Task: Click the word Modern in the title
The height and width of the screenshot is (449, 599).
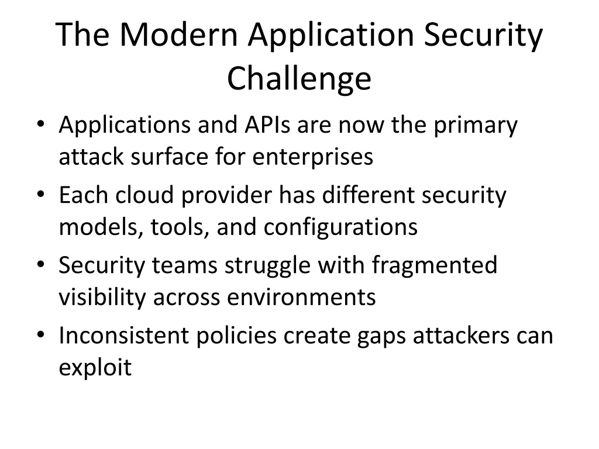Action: click(x=179, y=34)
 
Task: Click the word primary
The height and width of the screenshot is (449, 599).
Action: click(x=476, y=127)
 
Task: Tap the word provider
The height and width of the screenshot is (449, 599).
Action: click(x=226, y=196)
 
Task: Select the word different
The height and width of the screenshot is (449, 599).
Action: click(x=369, y=195)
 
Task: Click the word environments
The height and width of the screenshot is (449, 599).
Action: click(x=301, y=298)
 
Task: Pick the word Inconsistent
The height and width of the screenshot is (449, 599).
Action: click(x=124, y=335)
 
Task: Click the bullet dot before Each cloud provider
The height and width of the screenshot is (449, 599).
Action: click(x=41, y=195)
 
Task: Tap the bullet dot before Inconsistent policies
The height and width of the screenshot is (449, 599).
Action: click(x=41, y=335)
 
